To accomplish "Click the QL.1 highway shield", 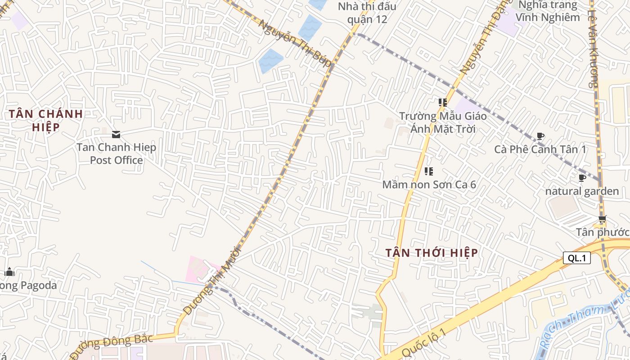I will click(x=576, y=258).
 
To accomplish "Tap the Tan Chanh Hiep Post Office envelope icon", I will click(x=116, y=134).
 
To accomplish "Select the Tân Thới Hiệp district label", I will click(x=432, y=253).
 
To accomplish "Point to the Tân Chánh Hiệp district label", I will click(x=46, y=120).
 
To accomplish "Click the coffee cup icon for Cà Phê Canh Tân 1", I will click(x=540, y=136).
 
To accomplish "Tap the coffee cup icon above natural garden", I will click(x=582, y=178).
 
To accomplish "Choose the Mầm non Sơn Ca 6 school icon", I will click(x=429, y=171).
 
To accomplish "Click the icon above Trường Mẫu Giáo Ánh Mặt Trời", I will click(x=442, y=103).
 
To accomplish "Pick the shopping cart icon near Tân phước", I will click(x=602, y=220).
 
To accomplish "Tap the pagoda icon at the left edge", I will click(x=9, y=272).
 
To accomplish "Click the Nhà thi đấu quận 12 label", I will click(x=367, y=13).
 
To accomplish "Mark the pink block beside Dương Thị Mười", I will click(x=198, y=269).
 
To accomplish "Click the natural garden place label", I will click(x=582, y=191).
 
